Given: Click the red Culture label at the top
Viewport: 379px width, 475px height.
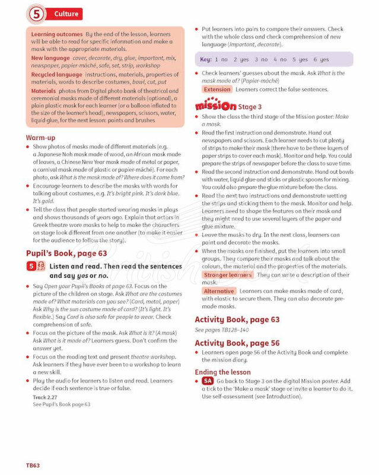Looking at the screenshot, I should click(65, 14).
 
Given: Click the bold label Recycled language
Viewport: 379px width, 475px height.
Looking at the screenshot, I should click(57, 75).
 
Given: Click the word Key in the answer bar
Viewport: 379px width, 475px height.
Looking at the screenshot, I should click(205, 59).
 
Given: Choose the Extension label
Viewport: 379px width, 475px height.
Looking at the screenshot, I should click(216, 90).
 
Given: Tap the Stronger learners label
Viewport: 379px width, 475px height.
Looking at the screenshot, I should click(228, 275).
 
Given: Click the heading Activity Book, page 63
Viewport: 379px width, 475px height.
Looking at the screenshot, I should click(237, 319).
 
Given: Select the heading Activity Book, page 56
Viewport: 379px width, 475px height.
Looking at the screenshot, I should click(237, 343).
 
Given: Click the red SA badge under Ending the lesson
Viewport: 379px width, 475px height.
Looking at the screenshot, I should click(207, 381).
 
